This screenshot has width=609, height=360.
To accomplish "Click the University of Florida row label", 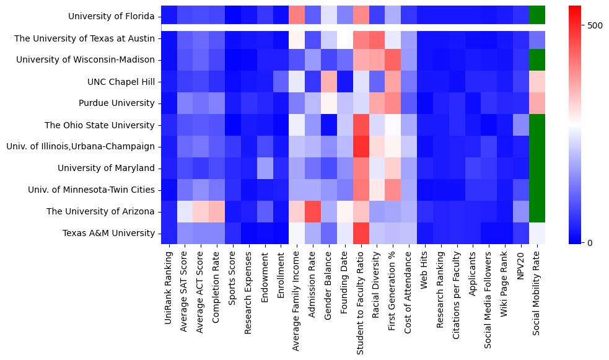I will point(112,16).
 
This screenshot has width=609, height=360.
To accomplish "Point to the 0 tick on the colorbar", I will point(590,242).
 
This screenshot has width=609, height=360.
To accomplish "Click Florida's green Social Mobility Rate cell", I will point(537,14).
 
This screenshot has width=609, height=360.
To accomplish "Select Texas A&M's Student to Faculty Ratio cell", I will point(361,233).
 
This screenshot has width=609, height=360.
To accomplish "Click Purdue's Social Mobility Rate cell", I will point(537,103).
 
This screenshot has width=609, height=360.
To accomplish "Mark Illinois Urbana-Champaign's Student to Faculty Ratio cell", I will point(361,146).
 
